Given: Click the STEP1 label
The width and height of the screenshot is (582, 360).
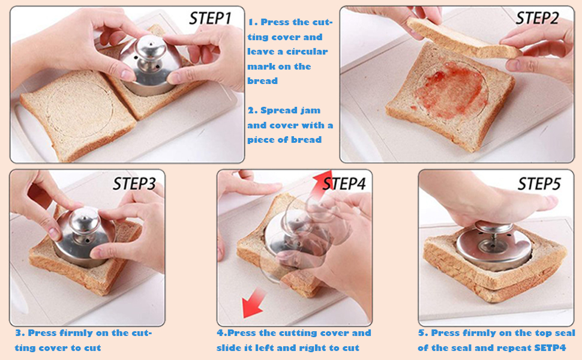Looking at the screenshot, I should [210, 18].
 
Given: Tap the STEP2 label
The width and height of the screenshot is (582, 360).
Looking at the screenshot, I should [537, 18].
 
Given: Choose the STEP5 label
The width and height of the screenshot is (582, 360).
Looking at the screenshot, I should [539, 183].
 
